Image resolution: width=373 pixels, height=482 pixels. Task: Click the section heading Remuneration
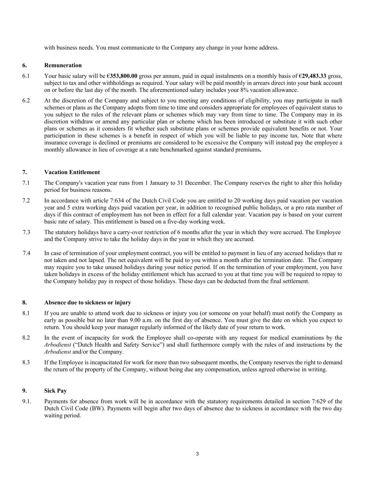[63, 65]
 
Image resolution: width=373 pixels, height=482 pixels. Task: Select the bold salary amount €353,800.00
[122, 76]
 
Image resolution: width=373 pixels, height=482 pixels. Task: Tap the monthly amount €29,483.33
[313, 76]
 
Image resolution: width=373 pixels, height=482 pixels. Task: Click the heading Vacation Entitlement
[72, 172]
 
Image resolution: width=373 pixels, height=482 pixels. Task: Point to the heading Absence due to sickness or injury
[88, 303]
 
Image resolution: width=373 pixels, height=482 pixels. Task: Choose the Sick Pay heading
[56, 391]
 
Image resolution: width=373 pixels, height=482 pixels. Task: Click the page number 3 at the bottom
[197, 454]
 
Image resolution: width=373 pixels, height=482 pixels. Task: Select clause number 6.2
[26, 101]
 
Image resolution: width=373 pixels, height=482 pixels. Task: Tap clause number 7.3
[27, 232]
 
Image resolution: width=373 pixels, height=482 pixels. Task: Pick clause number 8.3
[26, 363]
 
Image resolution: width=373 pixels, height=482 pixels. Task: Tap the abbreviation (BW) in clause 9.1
[97, 409]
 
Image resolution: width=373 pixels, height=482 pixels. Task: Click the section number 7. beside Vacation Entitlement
[24, 172]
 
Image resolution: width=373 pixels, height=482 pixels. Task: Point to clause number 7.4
[27, 253]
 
